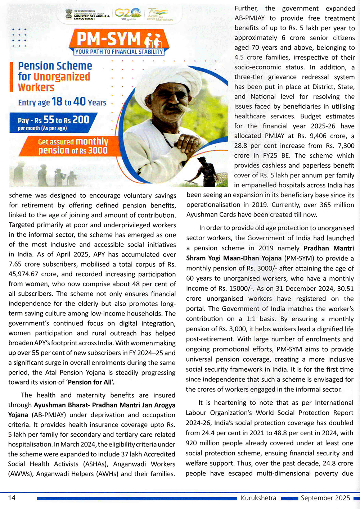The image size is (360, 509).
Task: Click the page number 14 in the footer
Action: tap(12, 497)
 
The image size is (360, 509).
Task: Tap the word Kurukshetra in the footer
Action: tap(258, 498)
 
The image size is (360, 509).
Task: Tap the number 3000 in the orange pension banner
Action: tap(98, 150)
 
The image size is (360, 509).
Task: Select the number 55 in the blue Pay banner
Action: tap(49, 120)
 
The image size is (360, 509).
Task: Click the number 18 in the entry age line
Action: tap(57, 102)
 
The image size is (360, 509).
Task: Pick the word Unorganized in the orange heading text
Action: tap(62, 77)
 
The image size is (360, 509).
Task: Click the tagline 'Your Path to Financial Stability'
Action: tap(119, 52)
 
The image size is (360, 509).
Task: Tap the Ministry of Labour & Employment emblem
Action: tap(69, 14)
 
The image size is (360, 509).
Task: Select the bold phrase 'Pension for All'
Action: tap(91, 382)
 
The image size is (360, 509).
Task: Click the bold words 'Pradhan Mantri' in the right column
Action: tap(329, 248)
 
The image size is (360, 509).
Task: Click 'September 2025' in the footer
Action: tap(325, 498)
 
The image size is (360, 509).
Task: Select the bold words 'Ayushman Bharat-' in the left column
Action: tap(62, 405)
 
